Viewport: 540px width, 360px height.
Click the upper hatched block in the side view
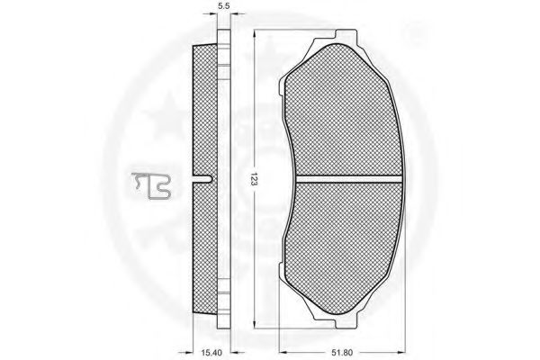pos(206,108)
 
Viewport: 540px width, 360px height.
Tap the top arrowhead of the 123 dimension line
pos(256,33)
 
